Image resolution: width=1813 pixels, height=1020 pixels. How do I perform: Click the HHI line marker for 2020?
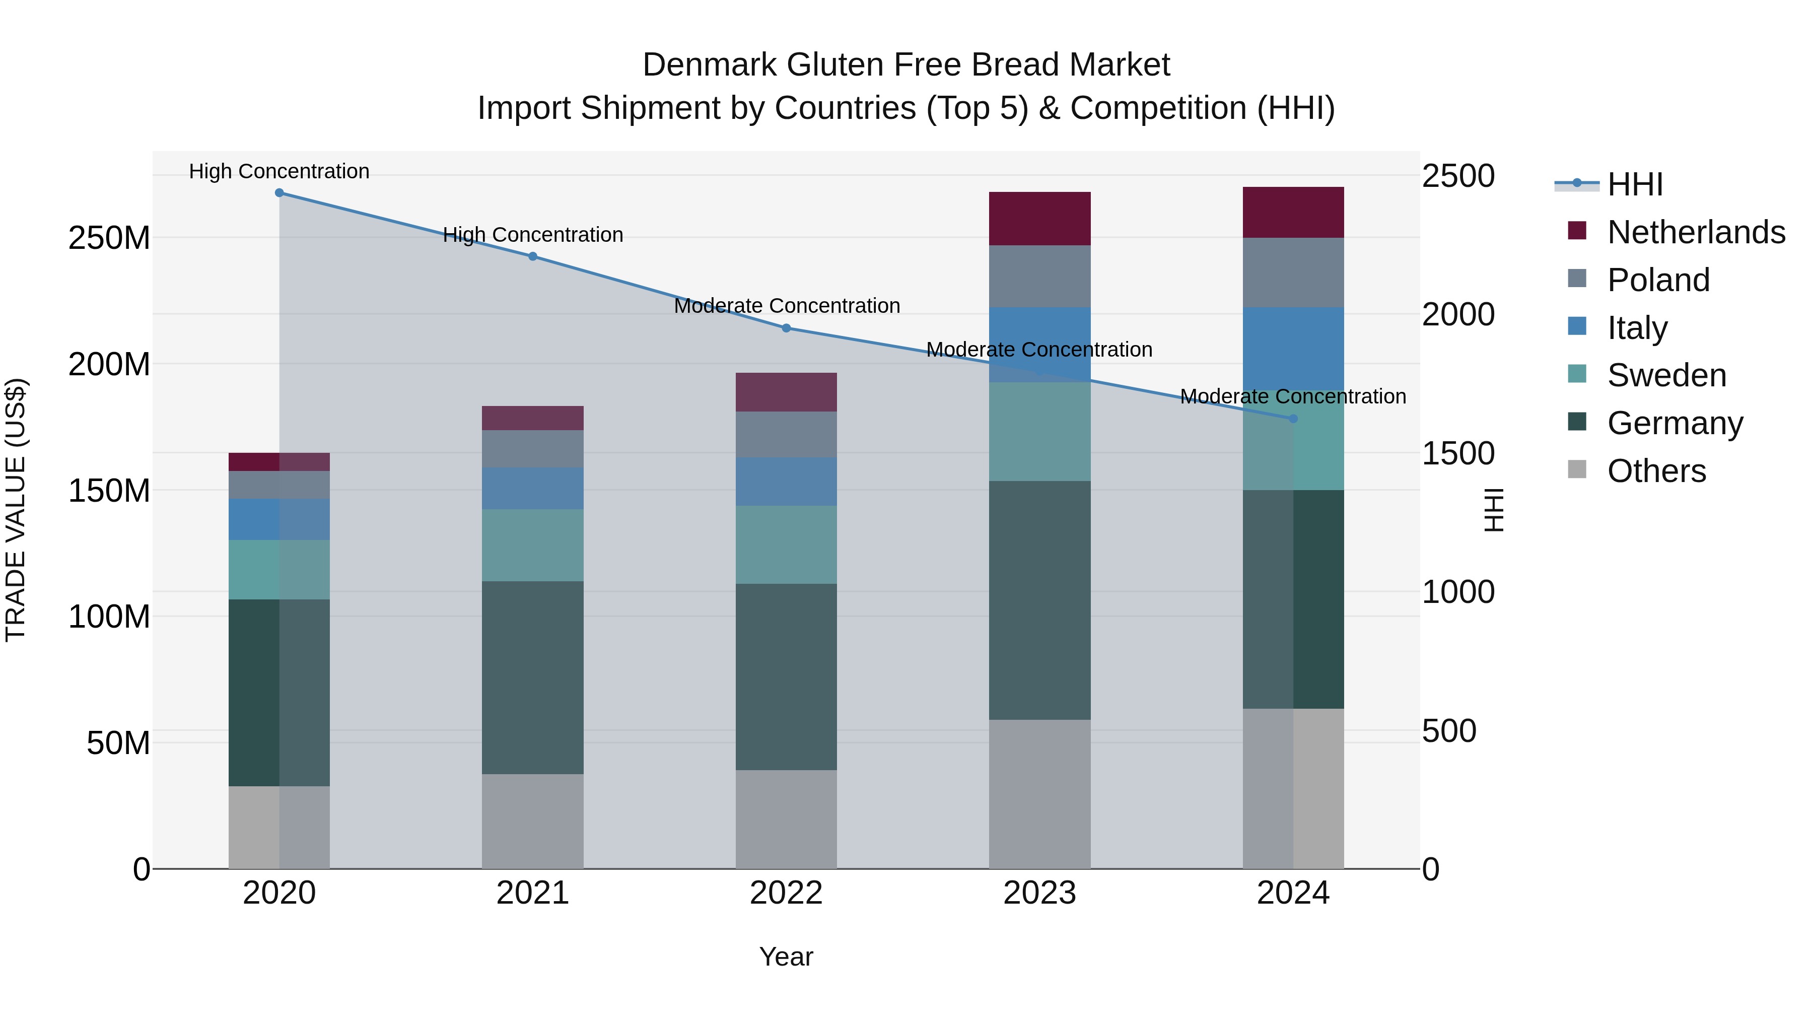coord(280,193)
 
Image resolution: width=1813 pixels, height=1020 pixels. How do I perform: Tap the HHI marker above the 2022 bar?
coord(786,328)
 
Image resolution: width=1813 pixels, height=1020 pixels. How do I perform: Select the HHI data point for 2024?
coord(1293,419)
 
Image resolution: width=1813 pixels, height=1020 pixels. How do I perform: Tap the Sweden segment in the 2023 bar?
coord(1039,432)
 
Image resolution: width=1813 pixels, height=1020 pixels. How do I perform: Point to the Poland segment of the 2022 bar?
coord(786,434)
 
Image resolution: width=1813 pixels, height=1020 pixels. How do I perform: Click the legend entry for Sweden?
coord(1666,375)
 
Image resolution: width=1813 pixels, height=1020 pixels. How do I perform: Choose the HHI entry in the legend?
coord(1634,184)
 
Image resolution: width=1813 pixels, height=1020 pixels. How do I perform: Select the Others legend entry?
coord(1655,471)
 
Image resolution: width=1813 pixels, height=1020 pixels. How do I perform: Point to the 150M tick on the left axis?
coord(109,491)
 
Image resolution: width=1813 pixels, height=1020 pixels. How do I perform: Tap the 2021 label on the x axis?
coord(533,893)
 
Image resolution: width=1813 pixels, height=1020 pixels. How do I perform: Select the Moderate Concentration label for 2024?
coord(1293,396)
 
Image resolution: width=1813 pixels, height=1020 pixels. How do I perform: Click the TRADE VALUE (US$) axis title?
coord(16,510)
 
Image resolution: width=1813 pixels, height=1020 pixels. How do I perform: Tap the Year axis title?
coord(786,957)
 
